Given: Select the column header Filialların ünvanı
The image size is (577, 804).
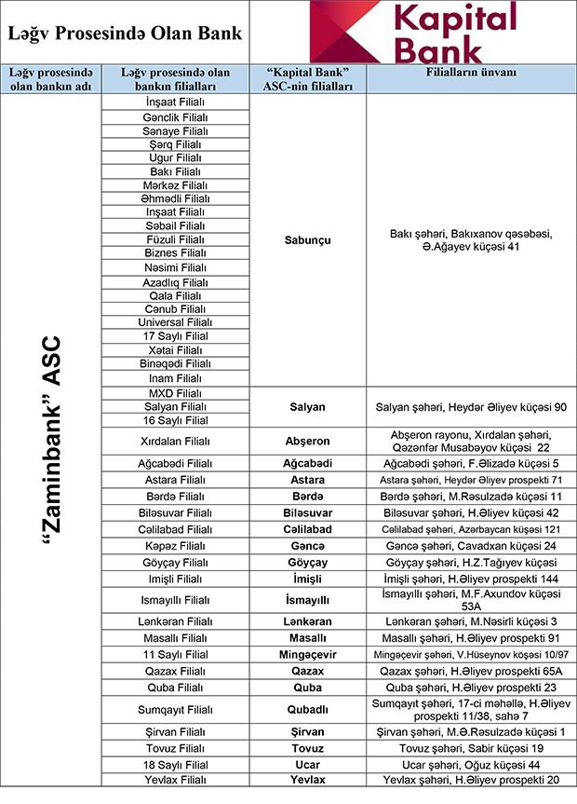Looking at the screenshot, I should tap(470, 73).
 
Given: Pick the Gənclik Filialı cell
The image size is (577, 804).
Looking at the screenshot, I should tap(175, 117).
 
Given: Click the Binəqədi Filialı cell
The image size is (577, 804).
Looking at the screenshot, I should tap(175, 363).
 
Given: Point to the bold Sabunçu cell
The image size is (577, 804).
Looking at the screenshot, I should tap(308, 240).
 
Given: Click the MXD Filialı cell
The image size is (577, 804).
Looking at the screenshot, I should tap(175, 393).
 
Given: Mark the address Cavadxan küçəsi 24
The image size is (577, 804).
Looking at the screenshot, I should tap(470, 545).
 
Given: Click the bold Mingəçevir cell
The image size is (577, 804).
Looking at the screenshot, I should tap(308, 654).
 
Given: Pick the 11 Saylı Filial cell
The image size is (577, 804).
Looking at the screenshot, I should tap(175, 654).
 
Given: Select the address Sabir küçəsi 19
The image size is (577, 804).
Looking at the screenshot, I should tap(470, 748).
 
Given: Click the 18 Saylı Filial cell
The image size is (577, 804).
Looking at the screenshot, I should tap(175, 764).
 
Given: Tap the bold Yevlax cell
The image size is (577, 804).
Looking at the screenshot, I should tap(308, 779).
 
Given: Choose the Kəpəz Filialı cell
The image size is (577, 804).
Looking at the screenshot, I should tap(175, 545).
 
